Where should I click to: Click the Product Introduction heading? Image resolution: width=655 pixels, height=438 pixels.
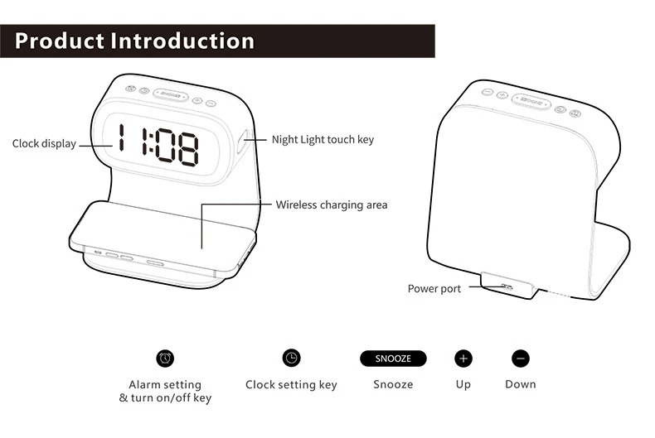click(x=134, y=41)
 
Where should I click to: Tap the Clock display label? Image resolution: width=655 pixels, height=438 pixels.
click(x=44, y=144)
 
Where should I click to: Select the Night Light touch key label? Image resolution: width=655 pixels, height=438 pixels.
click(x=323, y=140)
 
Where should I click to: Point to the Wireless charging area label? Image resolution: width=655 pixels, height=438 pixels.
click(x=331, y=205)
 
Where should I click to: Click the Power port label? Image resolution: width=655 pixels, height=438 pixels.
click(x=434, y=289)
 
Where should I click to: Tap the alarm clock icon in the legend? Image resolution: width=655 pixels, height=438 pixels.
click(x=165, y=358)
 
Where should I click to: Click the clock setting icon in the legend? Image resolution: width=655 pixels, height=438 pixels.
click(x=291, y=358)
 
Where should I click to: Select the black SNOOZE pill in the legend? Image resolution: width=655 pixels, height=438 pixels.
click(x=393, y=359)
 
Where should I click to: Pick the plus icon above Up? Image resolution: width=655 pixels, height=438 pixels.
click(x=463, y=359)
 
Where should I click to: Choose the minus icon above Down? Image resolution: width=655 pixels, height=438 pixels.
click(x=520, y=359)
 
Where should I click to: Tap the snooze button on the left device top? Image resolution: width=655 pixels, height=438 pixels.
click(x=171, y=95)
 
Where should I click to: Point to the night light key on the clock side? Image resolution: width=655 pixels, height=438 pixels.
click(x=245, y=142)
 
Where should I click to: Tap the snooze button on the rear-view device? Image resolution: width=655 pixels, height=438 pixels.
click(x=531, y=103)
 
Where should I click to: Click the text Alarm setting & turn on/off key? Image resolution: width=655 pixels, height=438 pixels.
click(x=165, y=391)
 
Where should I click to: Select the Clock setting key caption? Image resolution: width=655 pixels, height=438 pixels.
click(x=291, y=385)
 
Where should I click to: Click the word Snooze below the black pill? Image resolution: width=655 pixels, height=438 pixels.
click(x=393, y=385)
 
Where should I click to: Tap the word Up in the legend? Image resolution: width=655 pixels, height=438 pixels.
click(x=463, y=385)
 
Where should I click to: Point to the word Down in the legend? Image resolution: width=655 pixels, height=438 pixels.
click(x=520, y=385)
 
